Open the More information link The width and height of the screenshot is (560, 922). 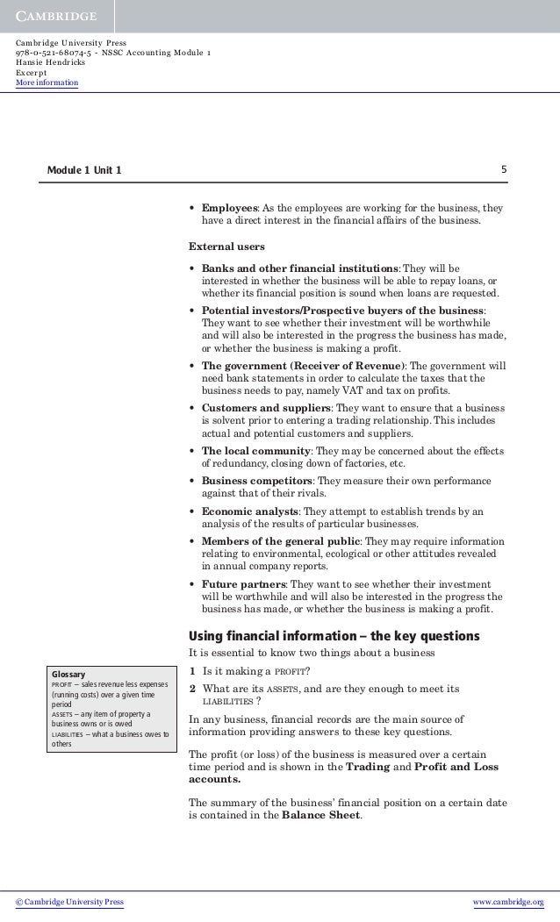pyautogui.click(x=47, y=83)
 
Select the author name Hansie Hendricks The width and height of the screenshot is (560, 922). pyautogui.click(x=49, y=64)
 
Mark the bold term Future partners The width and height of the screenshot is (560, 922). pyautogui.click(x=243, y=583)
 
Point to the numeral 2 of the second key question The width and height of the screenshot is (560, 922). pyautogui.click(x=194, y=689)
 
